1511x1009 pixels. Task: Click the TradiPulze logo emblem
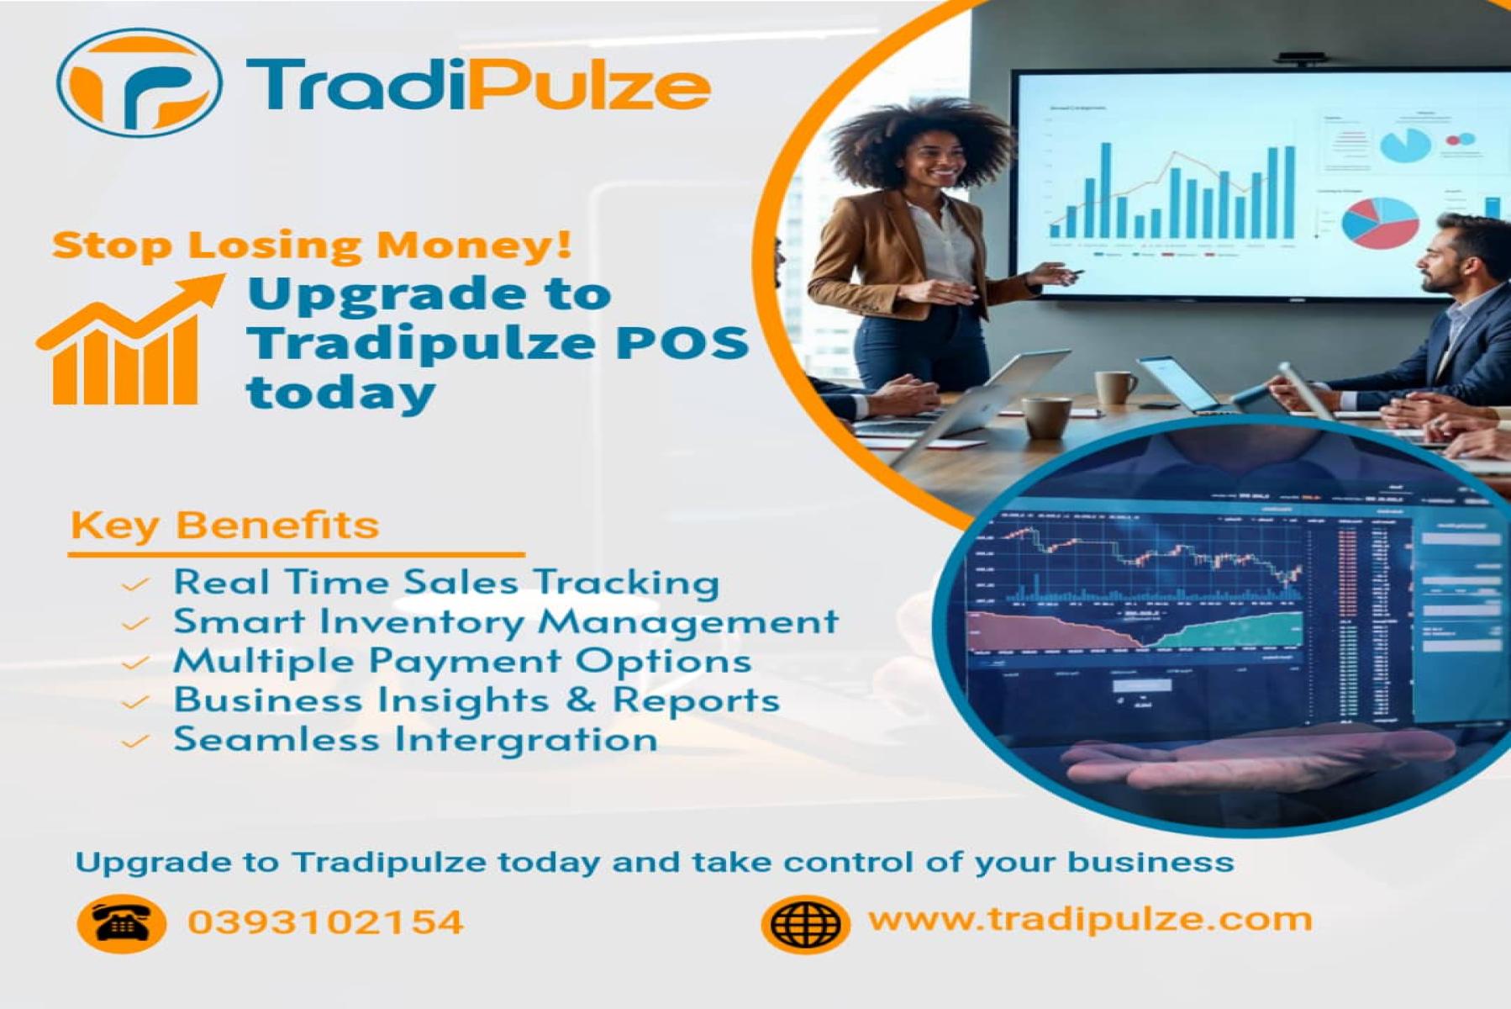[140, 82]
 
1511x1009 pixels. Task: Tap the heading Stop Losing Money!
[312, 245]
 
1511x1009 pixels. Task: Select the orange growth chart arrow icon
[128, 340]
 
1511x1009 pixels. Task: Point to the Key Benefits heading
[224, 525]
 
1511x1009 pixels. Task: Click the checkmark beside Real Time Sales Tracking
[135, 584]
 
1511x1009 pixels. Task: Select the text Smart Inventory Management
[506, 621]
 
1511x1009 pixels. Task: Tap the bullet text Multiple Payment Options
[462, 661]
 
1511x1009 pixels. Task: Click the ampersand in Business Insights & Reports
[581, 700]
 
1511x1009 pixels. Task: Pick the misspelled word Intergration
[526, 739]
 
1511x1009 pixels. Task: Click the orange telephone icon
[121, 923]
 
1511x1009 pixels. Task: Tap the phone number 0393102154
[326, 922]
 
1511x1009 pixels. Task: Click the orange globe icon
[805, 924]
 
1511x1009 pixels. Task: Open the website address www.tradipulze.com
[1090, 919]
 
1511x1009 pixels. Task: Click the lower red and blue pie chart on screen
[1379, 223]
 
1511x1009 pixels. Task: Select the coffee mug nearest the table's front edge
[1047, 418]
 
